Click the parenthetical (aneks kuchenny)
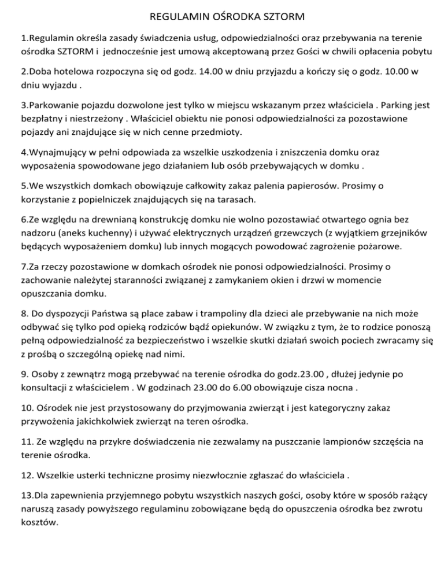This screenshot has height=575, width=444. tap(92, 233)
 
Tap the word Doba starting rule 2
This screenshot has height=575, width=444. tap(40, 73)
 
